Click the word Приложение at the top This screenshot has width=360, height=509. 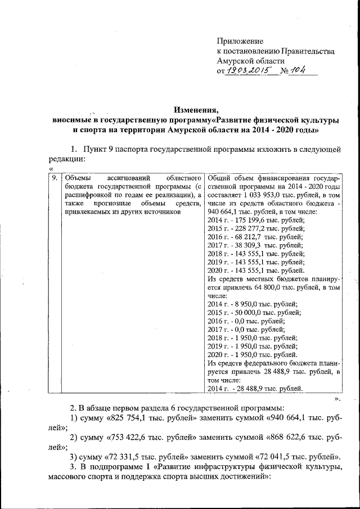(240, 41)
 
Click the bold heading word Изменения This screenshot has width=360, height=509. (196, 109)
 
